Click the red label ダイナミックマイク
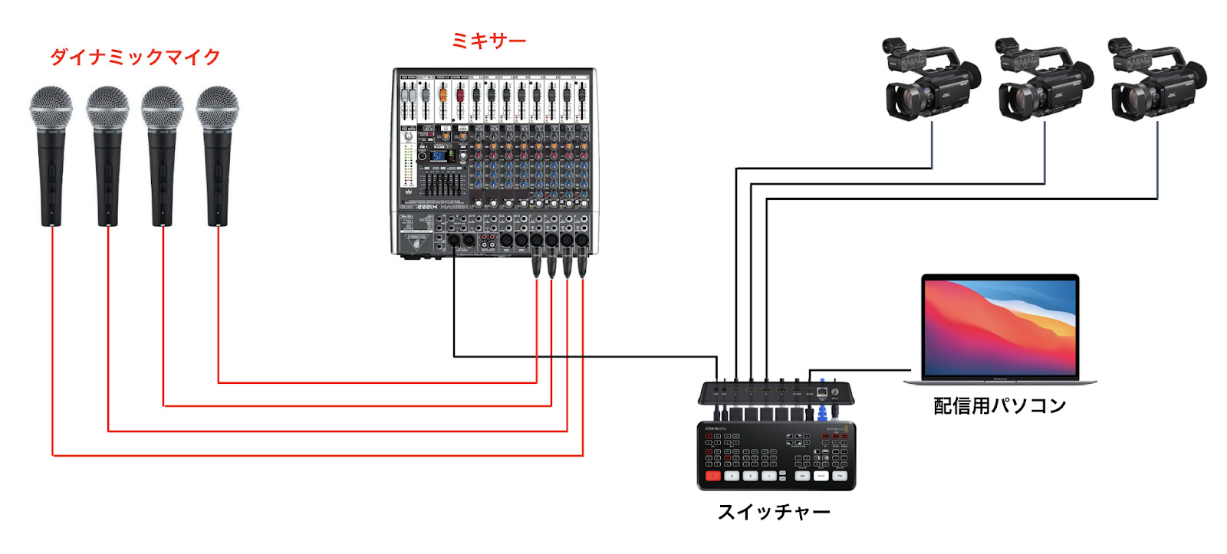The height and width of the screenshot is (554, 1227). coord(135,57)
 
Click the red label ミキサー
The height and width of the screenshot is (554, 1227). coord(488,41)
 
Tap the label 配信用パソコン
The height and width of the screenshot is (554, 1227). coord(999,405)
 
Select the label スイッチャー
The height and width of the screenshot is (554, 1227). coord(774,512)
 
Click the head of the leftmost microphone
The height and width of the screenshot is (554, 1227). coord(51,107)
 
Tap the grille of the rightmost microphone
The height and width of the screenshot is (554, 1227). coord(217,107)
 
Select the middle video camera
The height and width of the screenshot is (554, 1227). coord(1044,80)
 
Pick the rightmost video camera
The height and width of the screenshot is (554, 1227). coord(1156,80)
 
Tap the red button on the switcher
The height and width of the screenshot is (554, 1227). coord(713,476)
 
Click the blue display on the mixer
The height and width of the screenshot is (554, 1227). coord(439,156)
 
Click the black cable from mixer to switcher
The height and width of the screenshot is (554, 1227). coord(583,356)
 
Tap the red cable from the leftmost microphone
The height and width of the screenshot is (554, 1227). coord(53,345)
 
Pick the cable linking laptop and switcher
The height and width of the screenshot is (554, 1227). coord(859,371)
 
